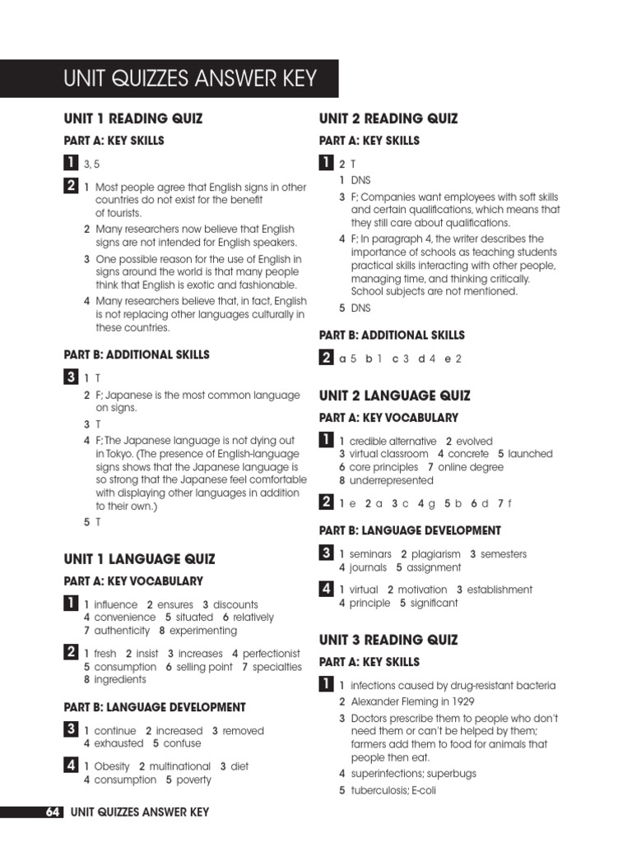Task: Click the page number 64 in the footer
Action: [53, 812]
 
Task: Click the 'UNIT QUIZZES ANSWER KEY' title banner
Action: [190, 79]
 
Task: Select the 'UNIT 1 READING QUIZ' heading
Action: [132, 118]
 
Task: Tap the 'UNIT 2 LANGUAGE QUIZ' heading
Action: [394, 396]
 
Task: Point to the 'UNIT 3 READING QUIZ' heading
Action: [388, 640]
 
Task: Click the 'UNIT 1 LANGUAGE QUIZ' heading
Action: [139, 559]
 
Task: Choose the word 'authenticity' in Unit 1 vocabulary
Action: [122, 631]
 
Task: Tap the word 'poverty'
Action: [193, 780]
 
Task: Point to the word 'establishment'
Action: [500, 590]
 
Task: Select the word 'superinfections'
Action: [388, 774]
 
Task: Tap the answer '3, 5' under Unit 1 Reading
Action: [91, 164]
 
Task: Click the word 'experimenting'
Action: [202, 631]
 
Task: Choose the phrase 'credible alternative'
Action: [393, 441]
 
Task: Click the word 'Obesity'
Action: [112, 766]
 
